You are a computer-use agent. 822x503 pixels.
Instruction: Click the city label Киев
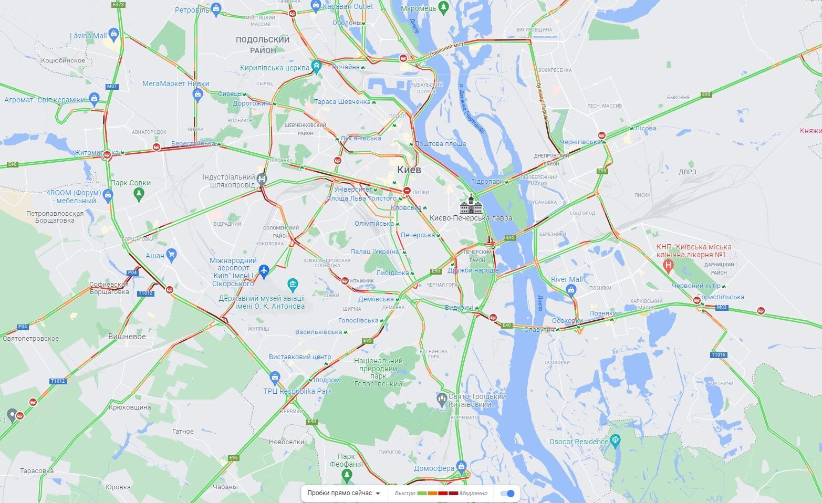pos(409,170)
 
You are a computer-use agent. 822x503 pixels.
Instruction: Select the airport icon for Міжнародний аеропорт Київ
pos(264,270)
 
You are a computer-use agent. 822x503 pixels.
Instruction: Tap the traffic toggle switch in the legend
pos(507,494)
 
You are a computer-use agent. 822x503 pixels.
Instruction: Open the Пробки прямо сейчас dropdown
pos(344,494)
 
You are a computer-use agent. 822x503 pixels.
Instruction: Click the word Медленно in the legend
pos(473,494)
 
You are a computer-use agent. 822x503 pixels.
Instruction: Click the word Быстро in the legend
pos(405,494)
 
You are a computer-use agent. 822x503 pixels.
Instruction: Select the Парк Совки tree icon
pos(139,194)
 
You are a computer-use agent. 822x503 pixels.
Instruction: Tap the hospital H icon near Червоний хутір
pos(668,265)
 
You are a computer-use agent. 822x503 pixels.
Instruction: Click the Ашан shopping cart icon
pos(171,256)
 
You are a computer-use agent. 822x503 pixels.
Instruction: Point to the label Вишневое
pos(127,337)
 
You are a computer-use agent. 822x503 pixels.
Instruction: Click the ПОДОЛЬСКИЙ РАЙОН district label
pos(263,45)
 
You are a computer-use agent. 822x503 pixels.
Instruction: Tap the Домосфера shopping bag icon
pos(461,466)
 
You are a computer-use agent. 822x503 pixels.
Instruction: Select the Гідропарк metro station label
pos(487,181)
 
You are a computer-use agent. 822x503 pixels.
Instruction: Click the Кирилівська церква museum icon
pos(316,66)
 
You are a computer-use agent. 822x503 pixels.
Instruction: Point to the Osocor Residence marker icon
pos(616,439)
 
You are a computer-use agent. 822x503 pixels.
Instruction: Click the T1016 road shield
pos(719,355)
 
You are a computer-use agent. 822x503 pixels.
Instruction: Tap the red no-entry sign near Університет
pos(407,191)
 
